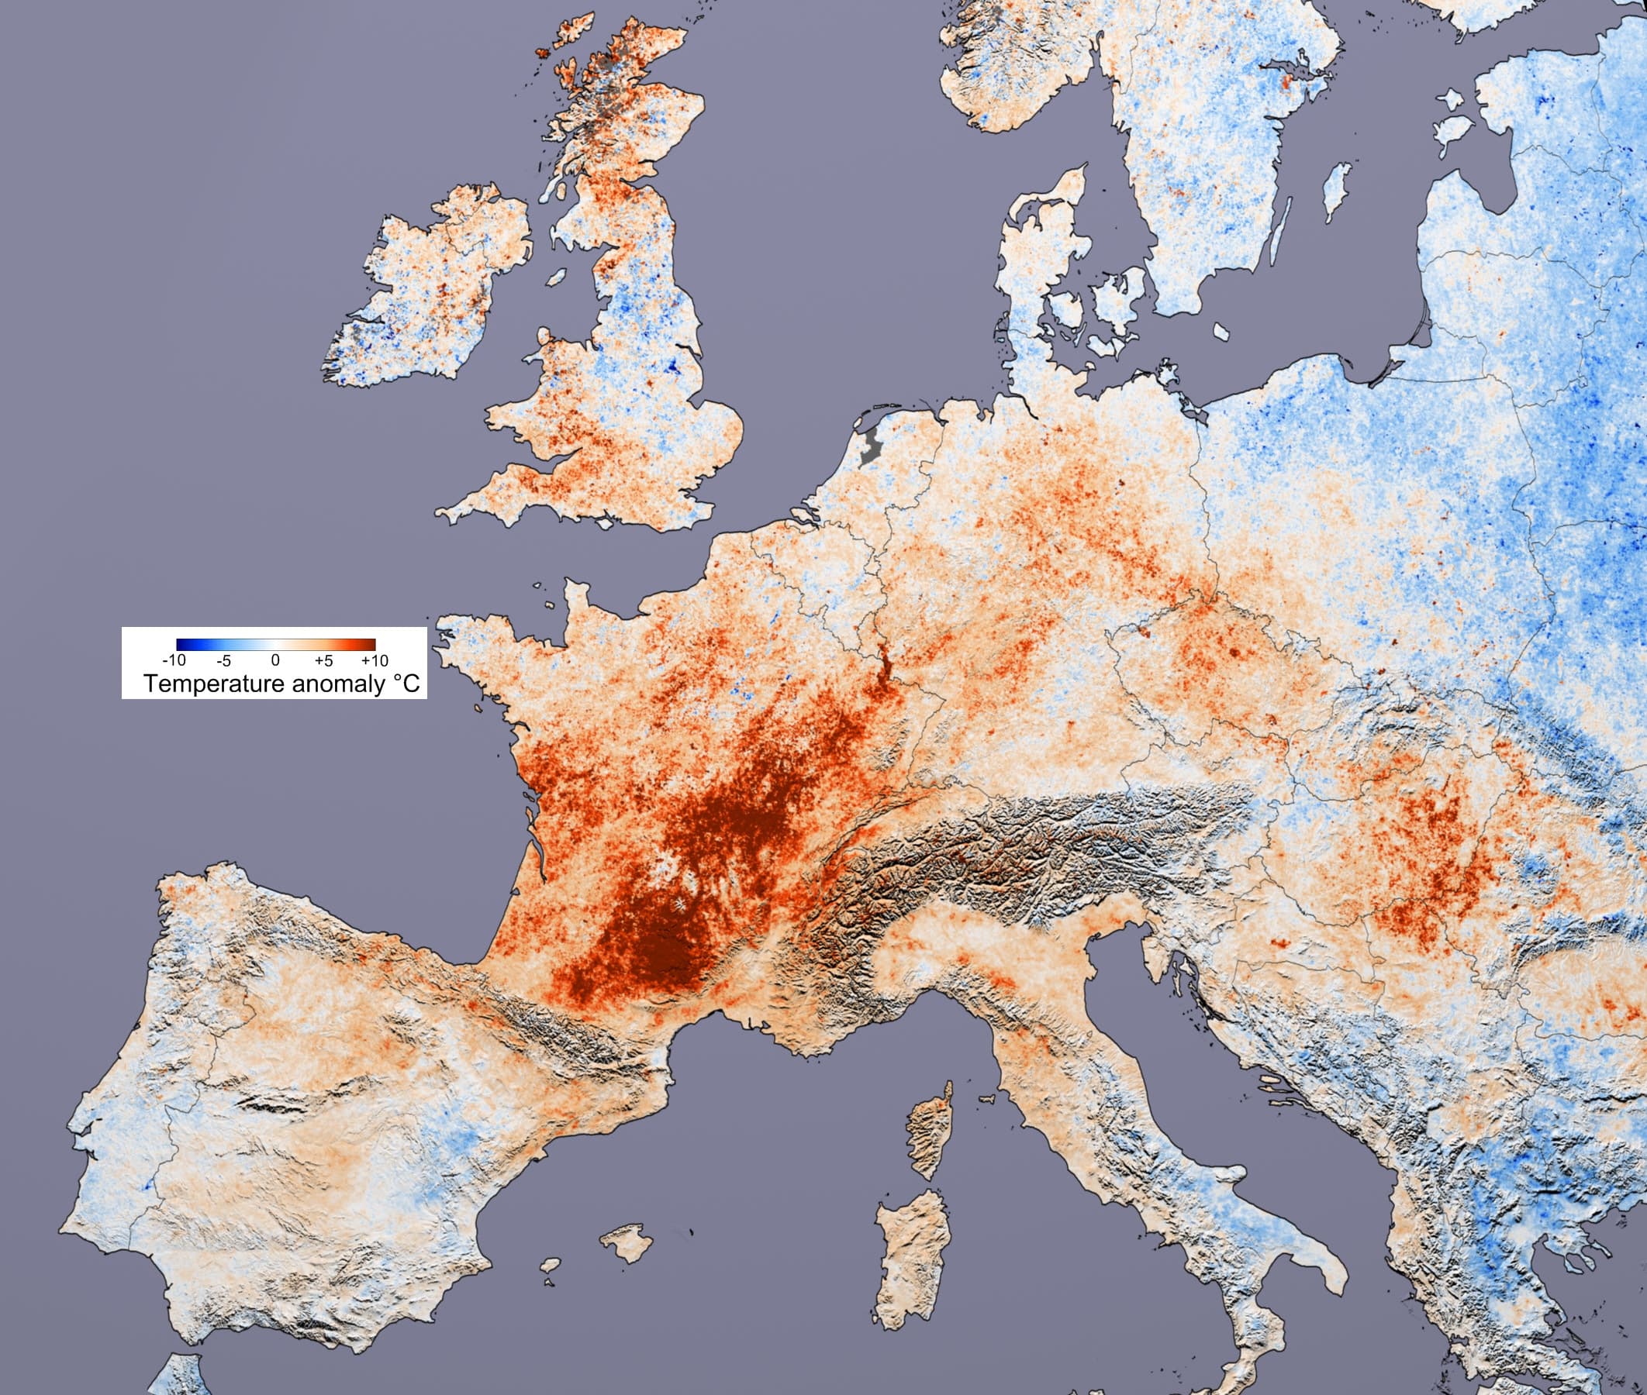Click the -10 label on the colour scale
[174, 660]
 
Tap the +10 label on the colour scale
[375, 660]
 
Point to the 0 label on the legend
[275, 660]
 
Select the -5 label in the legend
[224, 660]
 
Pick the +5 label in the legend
[323, 660]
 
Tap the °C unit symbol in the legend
[406, 684]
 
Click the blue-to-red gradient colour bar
[275, 644]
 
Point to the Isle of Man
[557, 277]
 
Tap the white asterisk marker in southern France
[678, 902]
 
